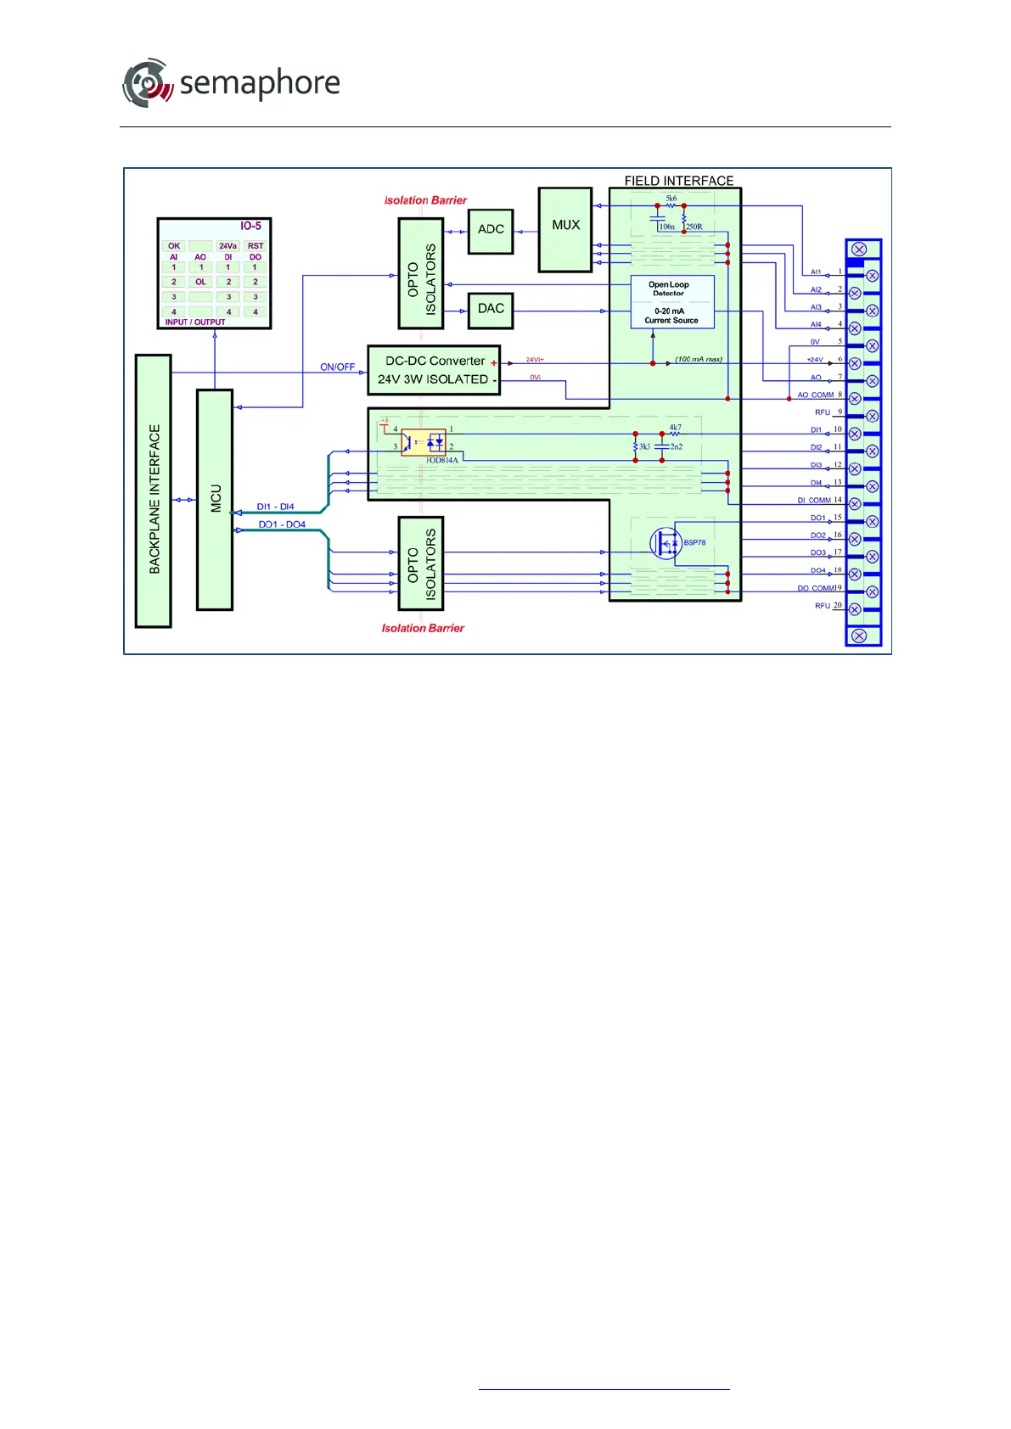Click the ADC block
tap(491, 230)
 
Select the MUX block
tap(565, 227)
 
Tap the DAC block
tap(491, 309)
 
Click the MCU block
tap(215, 499)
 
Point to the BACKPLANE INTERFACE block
tap(154, 492)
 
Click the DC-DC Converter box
tap(434, 370)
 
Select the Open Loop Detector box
tap(669, 289)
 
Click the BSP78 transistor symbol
tap(666, 543)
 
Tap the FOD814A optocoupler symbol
tap(423, 442)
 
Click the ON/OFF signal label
tap(337, 367)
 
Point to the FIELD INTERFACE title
tap(678, 181)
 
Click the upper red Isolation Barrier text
tap(425, 200)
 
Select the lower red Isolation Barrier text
tap(423, 628)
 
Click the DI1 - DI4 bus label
tap(275, 507)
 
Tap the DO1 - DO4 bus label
tap(282, 524)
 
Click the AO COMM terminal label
tap(815, 395)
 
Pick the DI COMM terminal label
tap(814, 501)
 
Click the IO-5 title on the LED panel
tap(250, 227)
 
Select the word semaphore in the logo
tap(260, 83)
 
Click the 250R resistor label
tap(694, 227)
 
